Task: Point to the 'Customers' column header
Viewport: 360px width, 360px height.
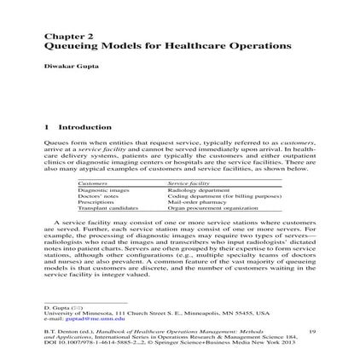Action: pos(95,183)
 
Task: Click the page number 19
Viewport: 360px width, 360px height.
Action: pos(312,329)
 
